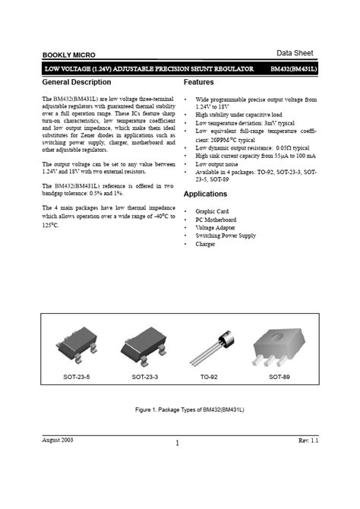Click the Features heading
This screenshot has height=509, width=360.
(199, 81)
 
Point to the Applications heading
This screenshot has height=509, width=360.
(205, 194)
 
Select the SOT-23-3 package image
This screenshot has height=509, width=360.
(144, 343)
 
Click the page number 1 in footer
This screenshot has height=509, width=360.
(177, 444)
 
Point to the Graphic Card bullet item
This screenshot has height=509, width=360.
(212, 210)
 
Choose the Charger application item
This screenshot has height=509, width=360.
(206, 244)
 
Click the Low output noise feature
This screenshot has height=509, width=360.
(219, 163)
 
